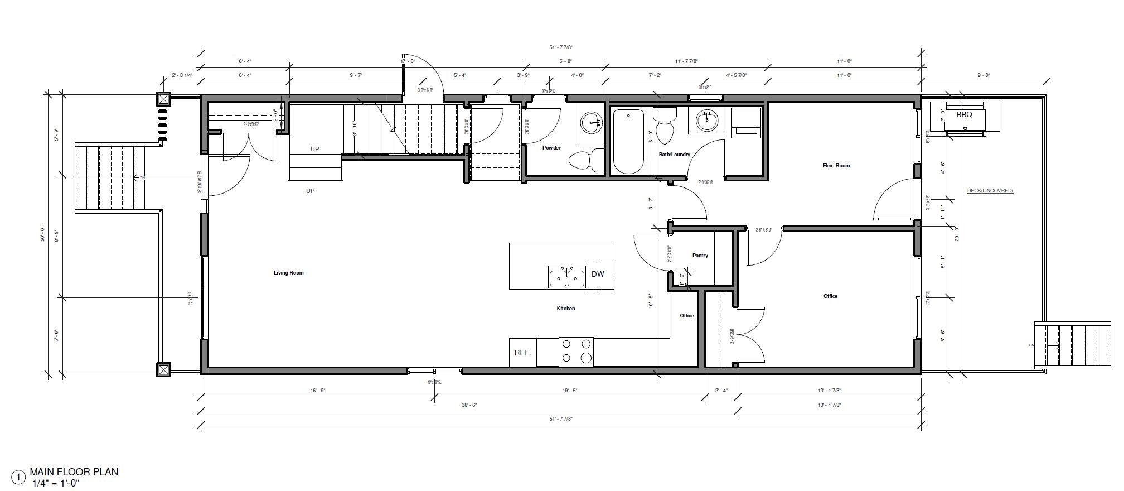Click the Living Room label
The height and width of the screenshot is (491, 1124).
pyautogui.click(x=288, y=273)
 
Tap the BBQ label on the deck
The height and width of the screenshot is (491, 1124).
pyautogui.click(x=964, y=115)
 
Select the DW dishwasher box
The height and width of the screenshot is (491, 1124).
pyautogui.click(x=598, y=274)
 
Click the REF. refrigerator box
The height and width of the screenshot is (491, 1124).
pyautogui.click(x=522, y=353)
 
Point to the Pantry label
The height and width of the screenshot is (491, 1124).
pyautogui.click(x=700, y=256)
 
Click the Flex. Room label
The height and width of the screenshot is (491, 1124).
pyautogui.click(x=836, y=166)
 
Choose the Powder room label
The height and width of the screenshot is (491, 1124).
pyautogui.click(x=551, y=148)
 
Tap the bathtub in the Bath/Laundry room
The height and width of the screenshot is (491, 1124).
pyautogui.click(x=629, y=142)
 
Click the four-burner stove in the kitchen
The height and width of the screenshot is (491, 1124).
pyautogui.click(x=576, y=352)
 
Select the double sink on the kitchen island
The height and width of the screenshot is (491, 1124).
pyautogui.click(x=566, y=277)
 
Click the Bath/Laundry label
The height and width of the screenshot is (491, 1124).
pyautogui.click(x=674, y=155)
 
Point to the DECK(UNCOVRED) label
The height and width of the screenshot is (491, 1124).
pyautogui.click(x=990, y=191)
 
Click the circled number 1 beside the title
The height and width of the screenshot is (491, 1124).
pyautogui.click(x=19, y=478)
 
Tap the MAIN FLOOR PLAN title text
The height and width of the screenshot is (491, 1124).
pyautogui.click(x=74, y=472)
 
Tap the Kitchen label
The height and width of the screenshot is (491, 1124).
pyautogui.click(x=565, y=309)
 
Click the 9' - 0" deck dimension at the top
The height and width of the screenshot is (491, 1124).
pyautogui.click(x=983, y=75)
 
